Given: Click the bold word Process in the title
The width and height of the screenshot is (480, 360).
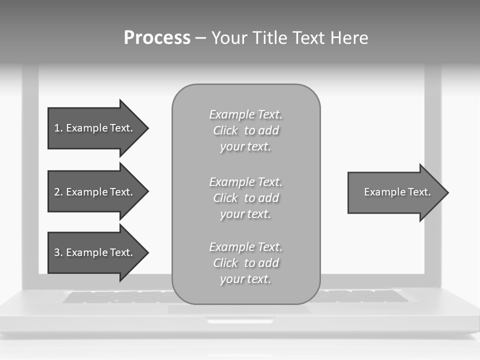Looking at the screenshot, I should pyautogui.click(x=157, y=38).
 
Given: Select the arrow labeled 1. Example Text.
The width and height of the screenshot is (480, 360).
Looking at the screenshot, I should pyautogui.click(x=95, y=128).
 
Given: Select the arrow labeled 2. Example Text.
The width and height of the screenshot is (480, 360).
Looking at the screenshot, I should pyautogui.click(x=95, y=192).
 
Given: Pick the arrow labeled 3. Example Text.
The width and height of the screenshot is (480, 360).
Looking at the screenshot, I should pyautogui.click(x=95, y=252).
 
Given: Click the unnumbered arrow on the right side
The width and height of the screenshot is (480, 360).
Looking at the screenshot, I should pyautogui.click(x=395, y=192).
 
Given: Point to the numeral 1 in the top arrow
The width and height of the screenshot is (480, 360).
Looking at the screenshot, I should pyautogui.click(x=57, y=128).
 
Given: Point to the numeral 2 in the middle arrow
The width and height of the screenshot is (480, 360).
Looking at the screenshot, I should pyautogui.click(x=57, y=192).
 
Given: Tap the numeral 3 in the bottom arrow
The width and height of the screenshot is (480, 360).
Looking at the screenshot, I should pyautogui.click(x=57, y=252).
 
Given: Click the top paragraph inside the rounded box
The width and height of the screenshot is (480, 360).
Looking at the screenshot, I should pyautogui.click(x=245, y=130).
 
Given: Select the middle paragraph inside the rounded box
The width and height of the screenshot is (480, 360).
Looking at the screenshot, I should pyautogui.click(x=245, y=198).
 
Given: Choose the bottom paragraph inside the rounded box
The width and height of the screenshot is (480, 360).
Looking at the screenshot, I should pyautogui.click(x=245, y=263).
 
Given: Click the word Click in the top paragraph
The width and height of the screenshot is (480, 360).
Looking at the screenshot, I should pyautogui.click(x=225, y=130).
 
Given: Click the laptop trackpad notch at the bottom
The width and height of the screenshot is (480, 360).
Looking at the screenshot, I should pyautogui.click(x=240, y=320).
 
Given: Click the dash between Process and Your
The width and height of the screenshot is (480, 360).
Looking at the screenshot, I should pyautogui.click(x=201, y=38).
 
